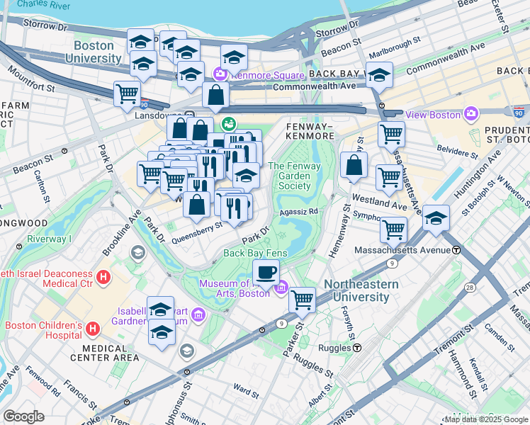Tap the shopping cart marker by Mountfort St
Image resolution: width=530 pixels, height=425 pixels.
pos(127,93)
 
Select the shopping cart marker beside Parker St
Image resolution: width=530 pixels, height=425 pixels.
pos(303,300)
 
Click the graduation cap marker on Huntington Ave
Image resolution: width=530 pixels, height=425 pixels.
pos(436,217)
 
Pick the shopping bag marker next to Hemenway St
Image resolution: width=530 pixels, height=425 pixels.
pos(354,165)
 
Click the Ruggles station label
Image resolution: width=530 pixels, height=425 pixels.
pos(336,348)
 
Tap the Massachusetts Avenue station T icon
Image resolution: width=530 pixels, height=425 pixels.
pos(457,250)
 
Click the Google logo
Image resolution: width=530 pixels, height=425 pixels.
pos(23,416)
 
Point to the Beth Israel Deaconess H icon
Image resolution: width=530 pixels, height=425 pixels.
pos(103,276)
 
